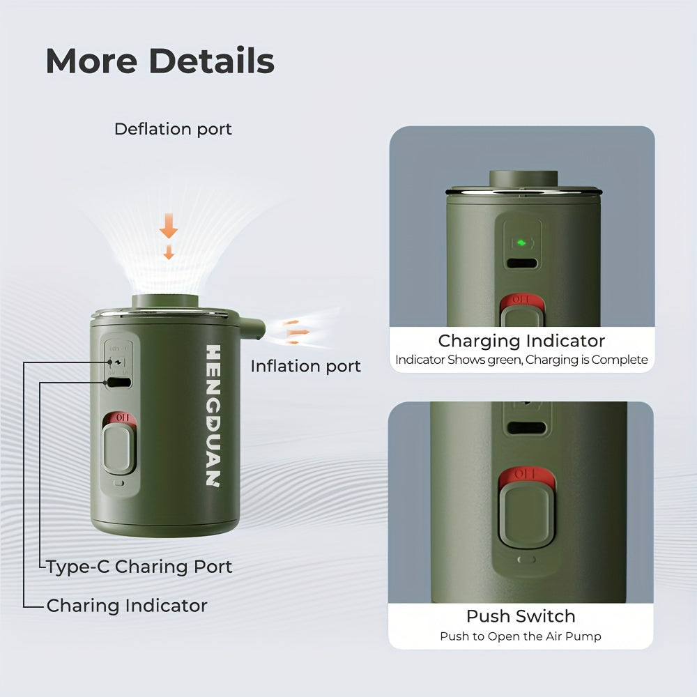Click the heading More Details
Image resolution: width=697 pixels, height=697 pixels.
pyautogui.click(x=160, y=61)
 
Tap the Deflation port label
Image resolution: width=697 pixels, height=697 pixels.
pyautogui.click(x=173, y=130)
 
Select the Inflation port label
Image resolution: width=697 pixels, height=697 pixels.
pyautogui.click(x=306, y=367)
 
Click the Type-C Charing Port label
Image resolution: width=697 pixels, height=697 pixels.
pyautogui.click(x=139, y=567)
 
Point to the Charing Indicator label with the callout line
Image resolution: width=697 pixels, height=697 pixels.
pyautogui.click(x=127, y=606)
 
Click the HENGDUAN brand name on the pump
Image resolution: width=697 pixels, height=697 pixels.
pyautogui.click(x=213, y=415)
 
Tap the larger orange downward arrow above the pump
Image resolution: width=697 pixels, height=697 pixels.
pyautogui.click(x=169, y=225)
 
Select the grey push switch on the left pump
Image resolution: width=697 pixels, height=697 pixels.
pyautogui.click(x=118, y=448)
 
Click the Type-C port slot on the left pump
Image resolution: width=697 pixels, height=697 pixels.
pyautogui.click(x=119, y=382)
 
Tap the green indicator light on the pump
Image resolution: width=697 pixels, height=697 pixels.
pyautogui.click(x=522, y=243)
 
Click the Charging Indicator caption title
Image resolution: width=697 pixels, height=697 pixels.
pyautogui.click(x=521, y=341)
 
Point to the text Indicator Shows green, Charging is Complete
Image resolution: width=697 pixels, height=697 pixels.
pyautogui.click(x=521, y=360)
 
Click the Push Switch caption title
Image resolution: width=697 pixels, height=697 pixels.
pyautogui.click(x=521, y=616)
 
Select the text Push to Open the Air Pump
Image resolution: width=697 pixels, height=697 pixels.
pyautogui.click(x=521, y=636)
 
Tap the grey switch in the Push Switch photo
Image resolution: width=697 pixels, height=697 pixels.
pyautogui.click(x=526, y=515)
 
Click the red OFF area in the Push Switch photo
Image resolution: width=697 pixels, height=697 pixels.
pyautogui.click(x=526, y=475)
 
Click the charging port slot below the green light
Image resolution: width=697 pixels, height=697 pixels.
pyautogui.click(x=522, y=263)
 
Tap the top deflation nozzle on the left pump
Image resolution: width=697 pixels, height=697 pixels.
pyautogui.click(x=165, y=302)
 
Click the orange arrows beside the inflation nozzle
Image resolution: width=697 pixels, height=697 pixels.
pyautogui.click(x=295, y=332)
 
